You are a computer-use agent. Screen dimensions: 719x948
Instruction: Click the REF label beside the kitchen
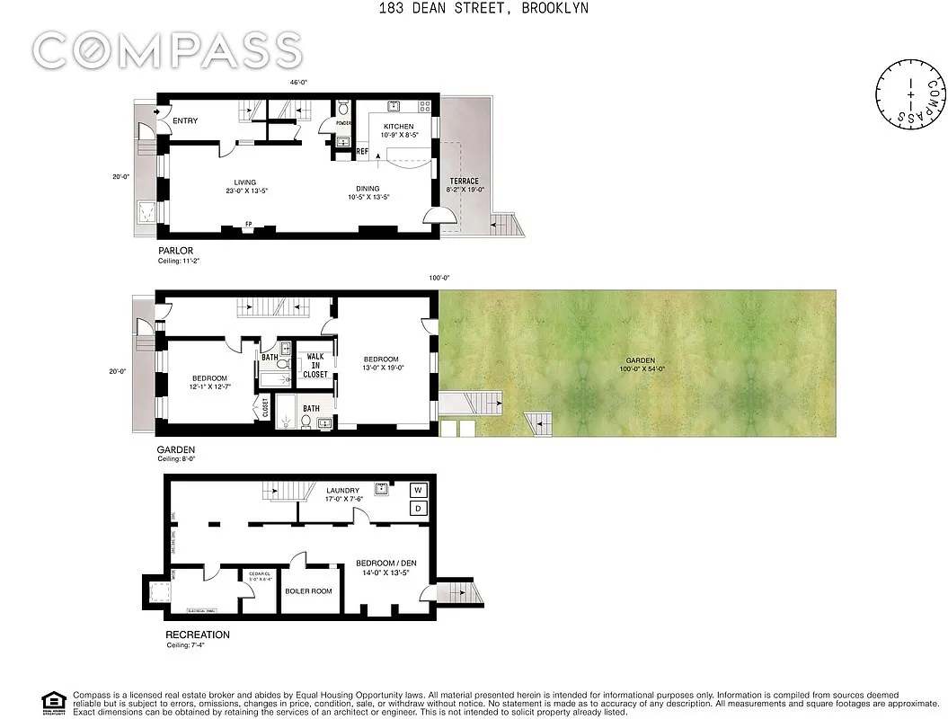tap(362, 152)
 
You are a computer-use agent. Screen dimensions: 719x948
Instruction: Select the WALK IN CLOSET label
tap(315, 365)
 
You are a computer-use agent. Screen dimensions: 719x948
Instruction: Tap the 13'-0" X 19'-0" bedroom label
tap(383, 363)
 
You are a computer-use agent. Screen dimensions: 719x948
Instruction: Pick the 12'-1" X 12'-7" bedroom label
tap(209, 382)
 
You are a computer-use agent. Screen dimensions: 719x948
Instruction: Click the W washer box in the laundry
tap(418, 490)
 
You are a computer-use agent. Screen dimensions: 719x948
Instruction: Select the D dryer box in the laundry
tap(418, 509)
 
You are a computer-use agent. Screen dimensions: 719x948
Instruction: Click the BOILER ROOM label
tap(308, 591)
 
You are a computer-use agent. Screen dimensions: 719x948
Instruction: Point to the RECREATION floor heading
tap(198, 635)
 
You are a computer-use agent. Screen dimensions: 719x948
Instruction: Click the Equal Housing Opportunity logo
tap(54, 702)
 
